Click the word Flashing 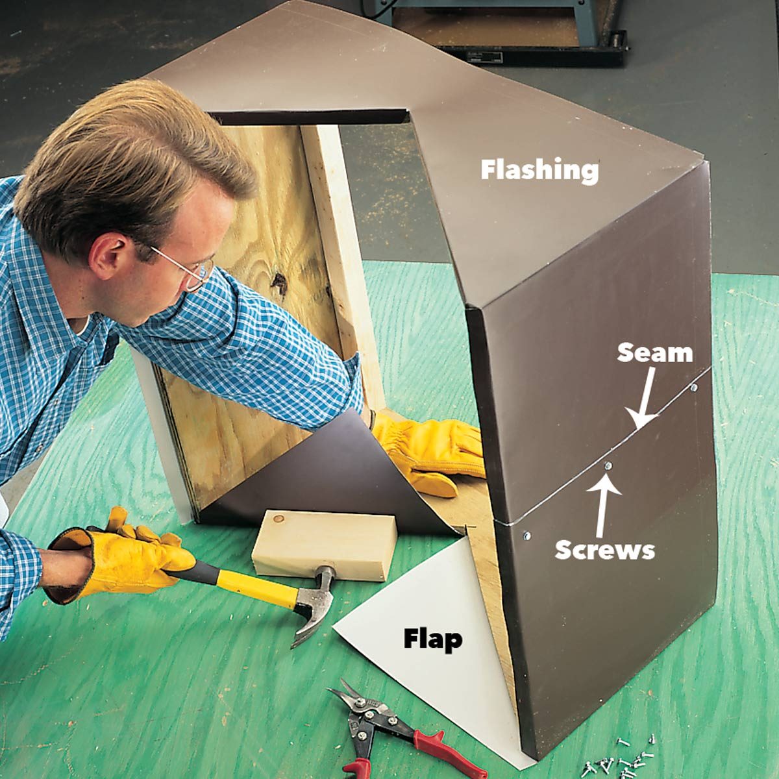coord(539,170)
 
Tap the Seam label coord(654,352)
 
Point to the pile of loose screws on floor coord(623,760)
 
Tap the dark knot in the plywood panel coord(279,282)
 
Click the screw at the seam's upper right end coord(694,388)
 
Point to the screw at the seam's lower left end coord(526,536)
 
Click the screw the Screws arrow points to coord(608,465)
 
